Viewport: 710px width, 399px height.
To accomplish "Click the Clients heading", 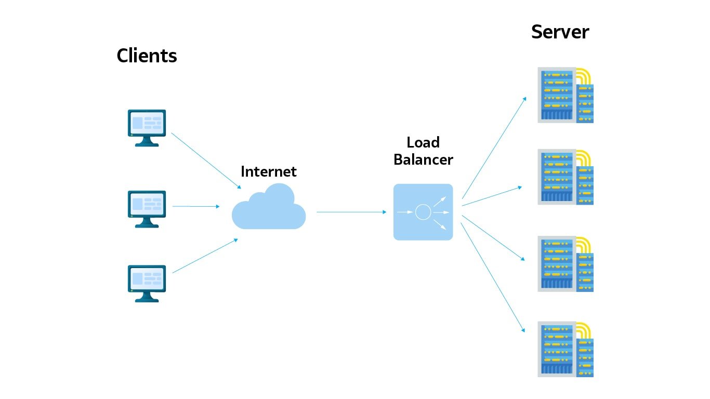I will point(147,56).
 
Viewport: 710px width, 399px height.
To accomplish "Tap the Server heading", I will point(560,32).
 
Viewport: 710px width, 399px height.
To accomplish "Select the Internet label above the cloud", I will point(269,171).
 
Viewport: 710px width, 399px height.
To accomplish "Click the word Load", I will point(423,142).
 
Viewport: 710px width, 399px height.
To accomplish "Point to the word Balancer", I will point(423,159).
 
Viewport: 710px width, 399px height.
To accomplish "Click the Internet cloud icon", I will point(269,208).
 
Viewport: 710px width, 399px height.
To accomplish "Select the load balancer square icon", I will point(423,212).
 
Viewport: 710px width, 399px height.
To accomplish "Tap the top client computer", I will point(147,127).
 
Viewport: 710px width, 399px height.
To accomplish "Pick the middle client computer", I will point(147,208).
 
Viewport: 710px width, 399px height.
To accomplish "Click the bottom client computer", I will point(147,283).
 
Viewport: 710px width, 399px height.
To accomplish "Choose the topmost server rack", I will point(564,95).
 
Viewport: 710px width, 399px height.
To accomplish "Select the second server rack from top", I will point(564,177).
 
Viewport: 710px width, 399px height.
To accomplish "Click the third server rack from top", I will point(564,264).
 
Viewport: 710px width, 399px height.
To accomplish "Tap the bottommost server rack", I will point(564,349).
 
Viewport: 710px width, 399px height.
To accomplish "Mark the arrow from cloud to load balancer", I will point(351,212).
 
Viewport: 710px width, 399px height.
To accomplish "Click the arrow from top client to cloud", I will point(205,161).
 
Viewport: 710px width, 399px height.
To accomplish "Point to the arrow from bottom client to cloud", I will point(205,256).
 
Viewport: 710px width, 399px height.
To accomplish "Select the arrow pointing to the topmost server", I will point(494,148).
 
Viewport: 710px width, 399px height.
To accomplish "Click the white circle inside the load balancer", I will point(423,212).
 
